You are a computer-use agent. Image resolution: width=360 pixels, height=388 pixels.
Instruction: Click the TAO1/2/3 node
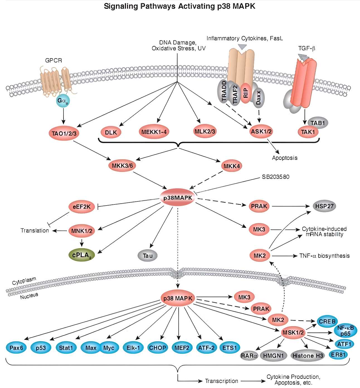pos(64,133)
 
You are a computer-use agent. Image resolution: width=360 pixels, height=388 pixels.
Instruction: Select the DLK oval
pos(111,132)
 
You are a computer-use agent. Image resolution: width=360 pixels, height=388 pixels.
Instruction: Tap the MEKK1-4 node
pos(154,132)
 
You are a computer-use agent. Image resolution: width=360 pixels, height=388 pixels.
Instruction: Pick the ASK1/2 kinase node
pos(261,131)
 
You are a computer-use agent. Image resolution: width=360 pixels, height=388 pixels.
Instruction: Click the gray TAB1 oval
pos(318,123)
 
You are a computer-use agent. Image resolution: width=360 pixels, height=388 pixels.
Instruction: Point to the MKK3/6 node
pos(122,166)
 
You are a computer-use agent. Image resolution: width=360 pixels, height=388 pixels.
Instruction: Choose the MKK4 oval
pos(232,166)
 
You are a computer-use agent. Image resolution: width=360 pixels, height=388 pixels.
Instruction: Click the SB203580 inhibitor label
pos(275,177)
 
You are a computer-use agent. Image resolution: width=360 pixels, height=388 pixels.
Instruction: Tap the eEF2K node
pos(82,207)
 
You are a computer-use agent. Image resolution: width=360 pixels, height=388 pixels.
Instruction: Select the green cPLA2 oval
pos(82,255)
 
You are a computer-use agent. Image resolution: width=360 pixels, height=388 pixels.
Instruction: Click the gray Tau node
pos(148,256)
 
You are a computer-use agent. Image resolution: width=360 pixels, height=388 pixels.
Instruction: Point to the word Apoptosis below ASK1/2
pos(284,158)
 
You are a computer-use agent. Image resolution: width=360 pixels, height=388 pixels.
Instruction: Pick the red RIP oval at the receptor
pos(245,93)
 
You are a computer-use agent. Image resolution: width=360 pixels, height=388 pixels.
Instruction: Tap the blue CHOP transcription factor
pos(157,348)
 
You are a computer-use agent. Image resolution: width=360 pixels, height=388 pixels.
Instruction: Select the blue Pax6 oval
pos(16,348)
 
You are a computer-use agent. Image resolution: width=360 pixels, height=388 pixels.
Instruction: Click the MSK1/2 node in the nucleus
pos(293,333)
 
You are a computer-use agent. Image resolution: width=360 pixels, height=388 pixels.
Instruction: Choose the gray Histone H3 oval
pos(308,356)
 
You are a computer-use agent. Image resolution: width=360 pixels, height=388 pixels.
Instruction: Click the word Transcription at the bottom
pos(222,381)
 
